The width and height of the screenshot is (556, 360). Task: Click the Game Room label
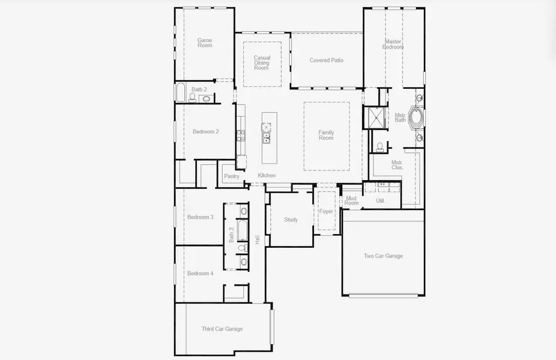click(x=205, y=43)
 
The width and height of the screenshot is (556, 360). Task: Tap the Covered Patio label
click(x=327, y=60)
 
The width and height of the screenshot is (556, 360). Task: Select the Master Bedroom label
click(x=393, y=44)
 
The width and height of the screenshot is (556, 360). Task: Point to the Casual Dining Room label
click(x=262, y=63)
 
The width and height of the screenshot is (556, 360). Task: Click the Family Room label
click(x=326, y=135)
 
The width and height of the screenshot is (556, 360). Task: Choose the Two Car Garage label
click(x=383, y=256)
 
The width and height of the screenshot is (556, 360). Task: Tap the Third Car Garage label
click(x=222, y=329)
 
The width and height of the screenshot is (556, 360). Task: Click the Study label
click(x=291, y=220)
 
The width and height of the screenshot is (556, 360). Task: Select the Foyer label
click(x=326, y=211)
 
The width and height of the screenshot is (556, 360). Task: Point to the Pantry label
click(x=231, y=176)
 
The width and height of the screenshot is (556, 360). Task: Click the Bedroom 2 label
click(x=205, y=131)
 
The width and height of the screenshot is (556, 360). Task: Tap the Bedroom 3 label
click(x=200, y=217)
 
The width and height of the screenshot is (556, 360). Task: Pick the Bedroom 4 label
click(x=200, y=274)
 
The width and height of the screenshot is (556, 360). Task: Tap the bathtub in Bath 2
click(x=180, y=93)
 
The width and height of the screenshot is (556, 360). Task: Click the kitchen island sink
click(x=266, y=137)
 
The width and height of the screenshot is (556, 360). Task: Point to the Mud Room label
click(x=351, y=201)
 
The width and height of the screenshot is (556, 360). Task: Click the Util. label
click(x=380, y=201)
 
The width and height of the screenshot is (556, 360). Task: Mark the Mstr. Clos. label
click(x=397, y=165)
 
